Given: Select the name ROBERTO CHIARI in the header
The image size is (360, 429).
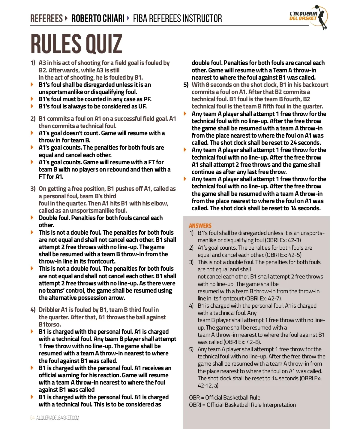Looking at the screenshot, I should (98, 19).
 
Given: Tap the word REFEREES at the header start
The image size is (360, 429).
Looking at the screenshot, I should (46, 19).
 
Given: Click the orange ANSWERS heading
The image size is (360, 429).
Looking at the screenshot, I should (200, 226).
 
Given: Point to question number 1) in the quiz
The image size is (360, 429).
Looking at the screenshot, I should (33, 63).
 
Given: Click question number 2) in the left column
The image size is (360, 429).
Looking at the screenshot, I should (33, 119).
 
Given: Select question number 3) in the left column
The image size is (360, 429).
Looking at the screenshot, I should (33, 189).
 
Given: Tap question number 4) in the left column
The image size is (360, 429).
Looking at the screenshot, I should (33, 310).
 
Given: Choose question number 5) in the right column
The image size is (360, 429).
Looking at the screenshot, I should (186, 85).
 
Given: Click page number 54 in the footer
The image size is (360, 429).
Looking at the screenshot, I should (32, 418).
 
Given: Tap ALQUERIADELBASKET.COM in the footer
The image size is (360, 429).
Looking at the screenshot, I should (58, 418).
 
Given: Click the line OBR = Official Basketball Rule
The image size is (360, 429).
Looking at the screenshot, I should (225, 397).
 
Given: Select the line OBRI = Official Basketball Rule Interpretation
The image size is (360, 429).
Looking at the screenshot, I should (242, 405).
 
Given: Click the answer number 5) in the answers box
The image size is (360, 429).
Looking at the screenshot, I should (191, 349).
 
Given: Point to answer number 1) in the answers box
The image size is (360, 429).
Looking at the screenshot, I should (191, 233).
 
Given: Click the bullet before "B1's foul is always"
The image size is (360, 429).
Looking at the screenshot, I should (32, 106).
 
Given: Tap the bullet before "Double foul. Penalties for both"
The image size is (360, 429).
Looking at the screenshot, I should (32, 218).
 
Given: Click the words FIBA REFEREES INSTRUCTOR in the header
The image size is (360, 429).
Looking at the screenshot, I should (177, 19).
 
